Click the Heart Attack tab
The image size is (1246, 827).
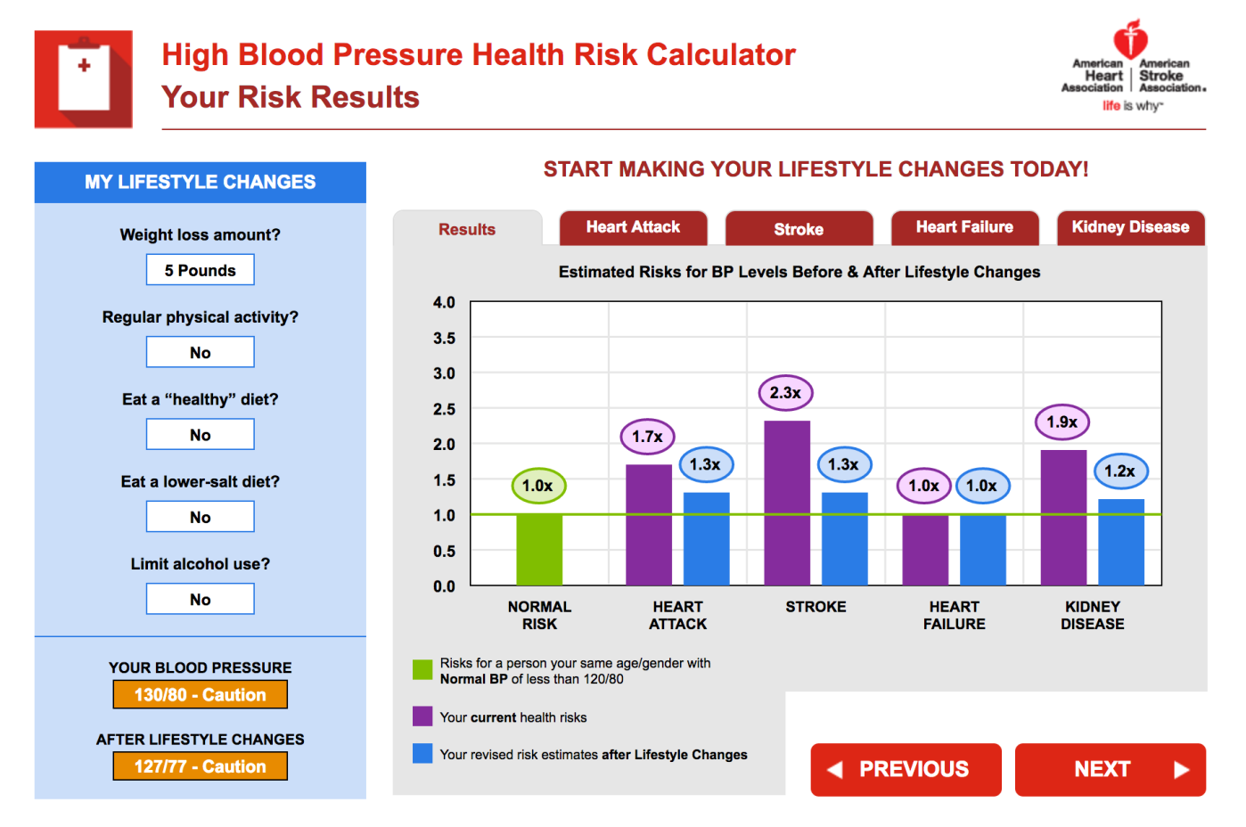pos(633,227)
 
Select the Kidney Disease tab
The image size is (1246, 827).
pos(1130,227)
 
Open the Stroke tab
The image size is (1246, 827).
pos(799,229)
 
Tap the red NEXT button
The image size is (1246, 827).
pos(1110,769)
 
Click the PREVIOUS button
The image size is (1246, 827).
pos(906,769)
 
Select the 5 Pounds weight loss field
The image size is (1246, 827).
pos(201,270)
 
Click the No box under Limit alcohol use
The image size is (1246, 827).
pos(201,599)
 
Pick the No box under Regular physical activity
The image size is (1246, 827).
pos(201,352)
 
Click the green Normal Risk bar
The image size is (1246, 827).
pos(539,549)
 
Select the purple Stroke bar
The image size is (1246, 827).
pos(787,503)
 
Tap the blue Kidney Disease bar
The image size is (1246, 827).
pos(1120,542)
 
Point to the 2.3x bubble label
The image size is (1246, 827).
pos(785,393)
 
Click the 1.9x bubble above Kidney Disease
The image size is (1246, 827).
pos(1062,422)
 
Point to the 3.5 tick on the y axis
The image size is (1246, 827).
pos(444,339)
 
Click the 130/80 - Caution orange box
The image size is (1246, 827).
pos(201,694)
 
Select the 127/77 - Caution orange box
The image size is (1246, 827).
pos(201,766)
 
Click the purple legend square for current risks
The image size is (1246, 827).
pos(422,717)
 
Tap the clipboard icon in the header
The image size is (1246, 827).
pos(84,79)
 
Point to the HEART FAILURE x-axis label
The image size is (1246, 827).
pos(954,615)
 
